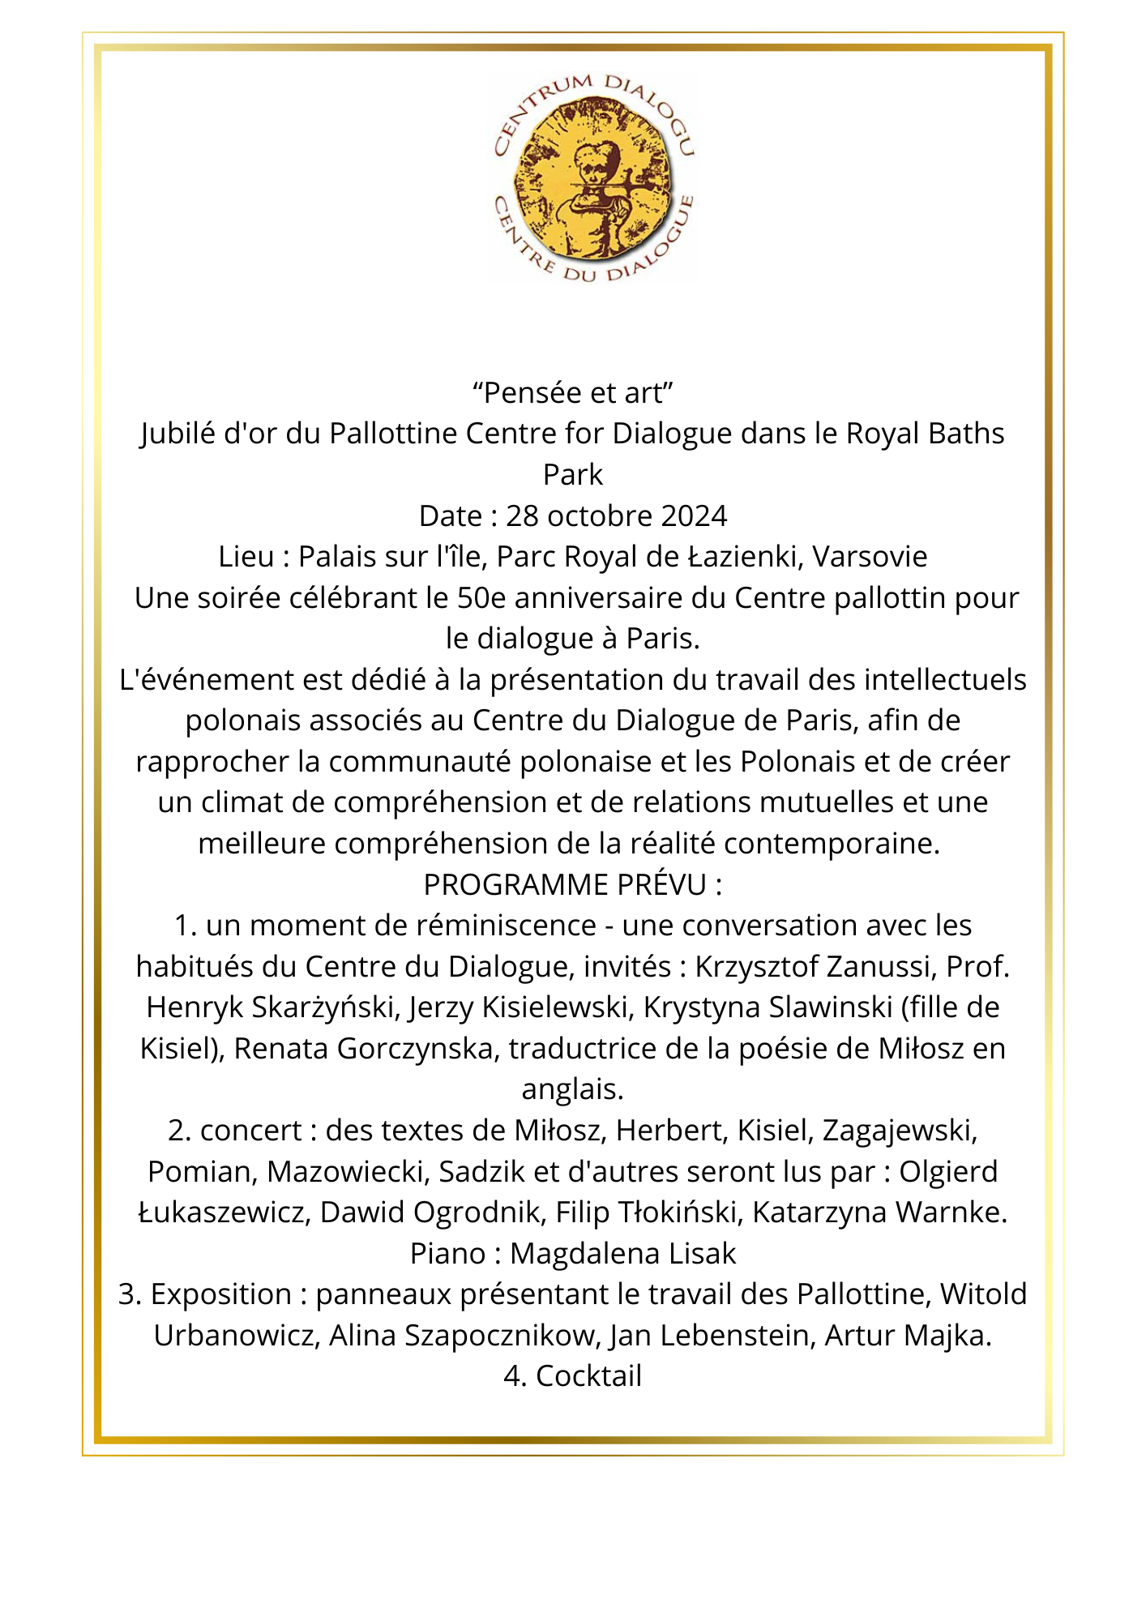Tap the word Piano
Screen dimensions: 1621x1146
pos(447,1254)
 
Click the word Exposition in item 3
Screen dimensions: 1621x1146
pos(221,1294)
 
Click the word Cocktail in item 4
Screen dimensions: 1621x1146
pos(588,1376)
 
